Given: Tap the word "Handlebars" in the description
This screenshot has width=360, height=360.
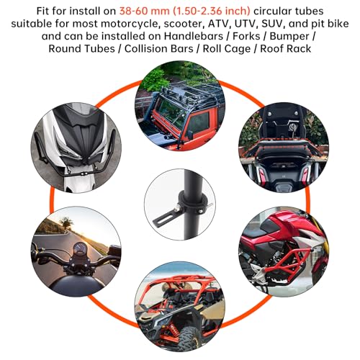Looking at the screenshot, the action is pos(194,36).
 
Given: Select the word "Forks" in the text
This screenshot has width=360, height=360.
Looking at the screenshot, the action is pos(246,36).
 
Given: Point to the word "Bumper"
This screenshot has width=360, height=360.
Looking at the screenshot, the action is pos(289,37).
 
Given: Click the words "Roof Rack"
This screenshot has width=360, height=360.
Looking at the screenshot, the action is pos(286,49).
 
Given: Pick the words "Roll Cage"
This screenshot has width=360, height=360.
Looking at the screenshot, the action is pos(227,49).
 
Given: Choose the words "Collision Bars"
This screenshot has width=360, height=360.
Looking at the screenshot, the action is pos(159,49).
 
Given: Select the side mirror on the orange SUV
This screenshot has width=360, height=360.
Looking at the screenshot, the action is pos(190,135).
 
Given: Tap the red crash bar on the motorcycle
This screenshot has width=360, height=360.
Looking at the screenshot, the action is pos(286,262).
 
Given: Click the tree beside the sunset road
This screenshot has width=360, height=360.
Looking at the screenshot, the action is pos(66,222).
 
